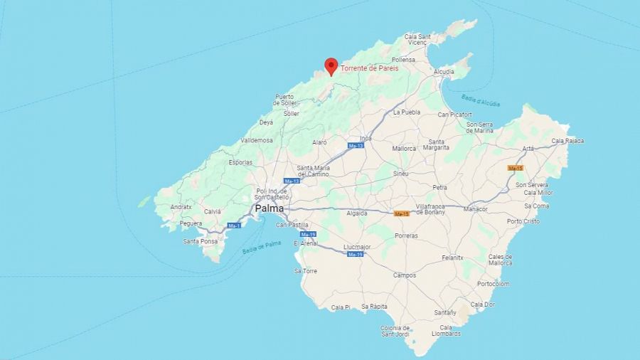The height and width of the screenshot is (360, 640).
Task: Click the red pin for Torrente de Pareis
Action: click(x=331, y=65)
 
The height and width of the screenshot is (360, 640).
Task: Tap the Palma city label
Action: click(x=269, y=208)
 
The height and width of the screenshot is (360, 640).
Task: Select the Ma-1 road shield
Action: click(x=234, y=226)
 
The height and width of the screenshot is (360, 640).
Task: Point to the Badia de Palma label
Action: click(x=262, y=247)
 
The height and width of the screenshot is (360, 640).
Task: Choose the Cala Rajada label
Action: click(x=567, y=141)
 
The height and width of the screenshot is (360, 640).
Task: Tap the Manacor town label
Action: click(x=475, y=209)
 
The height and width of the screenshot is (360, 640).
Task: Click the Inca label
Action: click(x=366, y=138)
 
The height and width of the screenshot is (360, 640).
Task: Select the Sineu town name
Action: click(x=401, y=174)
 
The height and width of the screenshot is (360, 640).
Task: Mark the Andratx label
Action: click(x=181, y=207)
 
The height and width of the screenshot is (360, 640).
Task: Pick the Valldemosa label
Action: click(x=257, y=140)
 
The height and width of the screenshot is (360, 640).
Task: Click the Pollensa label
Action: click(x=422, y=60)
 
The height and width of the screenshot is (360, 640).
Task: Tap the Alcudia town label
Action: click(x=444, y=72)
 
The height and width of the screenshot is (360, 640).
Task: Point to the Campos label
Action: click(x=405, y=275)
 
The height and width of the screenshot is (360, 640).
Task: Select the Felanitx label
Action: click(x=452, y=258)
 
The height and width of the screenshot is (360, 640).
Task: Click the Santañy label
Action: click(x=445, y=312)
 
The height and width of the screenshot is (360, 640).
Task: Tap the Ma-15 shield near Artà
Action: click(x=516, y=168)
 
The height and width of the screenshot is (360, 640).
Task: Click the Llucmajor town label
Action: click(x=357, y=247)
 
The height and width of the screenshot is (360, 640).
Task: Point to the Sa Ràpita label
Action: click(x=374, y=307)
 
